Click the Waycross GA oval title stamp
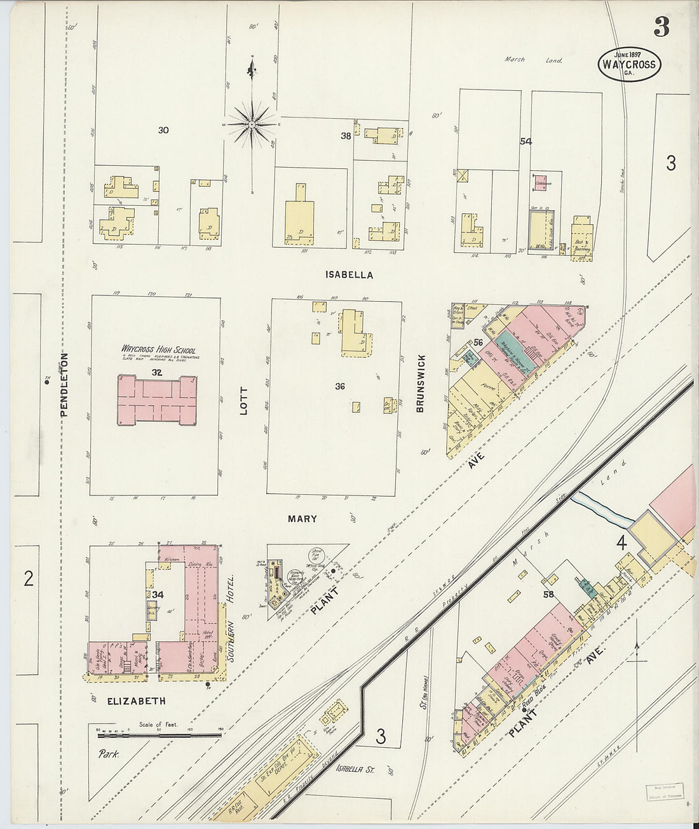tap(629, 64)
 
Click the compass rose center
tap(252, 124)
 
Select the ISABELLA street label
tap(349, 275)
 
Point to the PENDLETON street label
tap(64, 385)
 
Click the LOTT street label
tap(243, 401)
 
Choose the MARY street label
tap(302, 519)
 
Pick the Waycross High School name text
tap(158, 349)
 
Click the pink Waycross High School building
tap(157, 400)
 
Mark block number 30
tap(163, 130)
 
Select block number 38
tap(346, 135)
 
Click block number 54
tap(525, 141)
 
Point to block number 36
tap(340, 386)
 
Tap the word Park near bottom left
tap(109, 754)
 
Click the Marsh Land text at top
tap(533, 60)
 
